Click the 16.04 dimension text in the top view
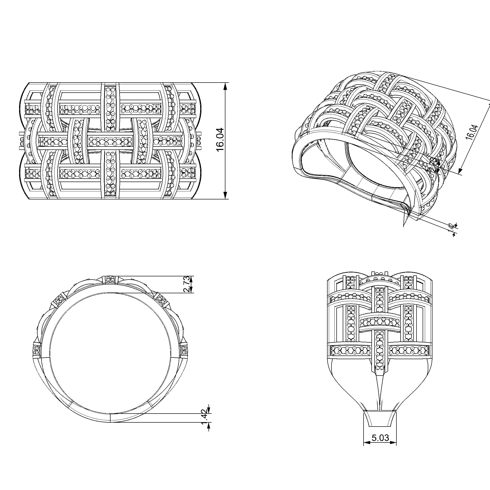(x=220, y=140)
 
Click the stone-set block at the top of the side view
(x=110, y=280)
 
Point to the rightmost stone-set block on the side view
(x=184, y=351)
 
